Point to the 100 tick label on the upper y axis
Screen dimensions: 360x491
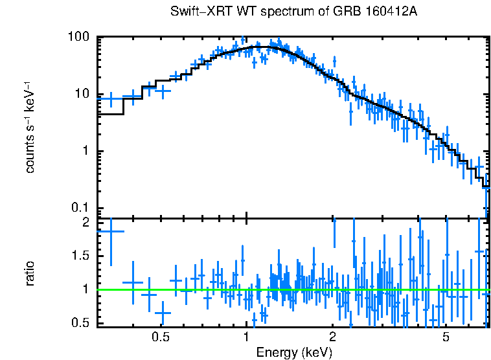point(78,37)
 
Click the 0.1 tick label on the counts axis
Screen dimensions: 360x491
point(80,208)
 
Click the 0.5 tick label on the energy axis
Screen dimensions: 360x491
point(161,338)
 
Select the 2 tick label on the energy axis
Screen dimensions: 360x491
point(332,338)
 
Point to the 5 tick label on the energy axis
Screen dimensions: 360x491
point(446,338)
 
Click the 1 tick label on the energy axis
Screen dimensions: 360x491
point(247,338)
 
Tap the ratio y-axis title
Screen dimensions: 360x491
point(30,273)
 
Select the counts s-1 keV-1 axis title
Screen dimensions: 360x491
point(30,127)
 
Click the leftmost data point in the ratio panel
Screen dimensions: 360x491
point(110,231)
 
